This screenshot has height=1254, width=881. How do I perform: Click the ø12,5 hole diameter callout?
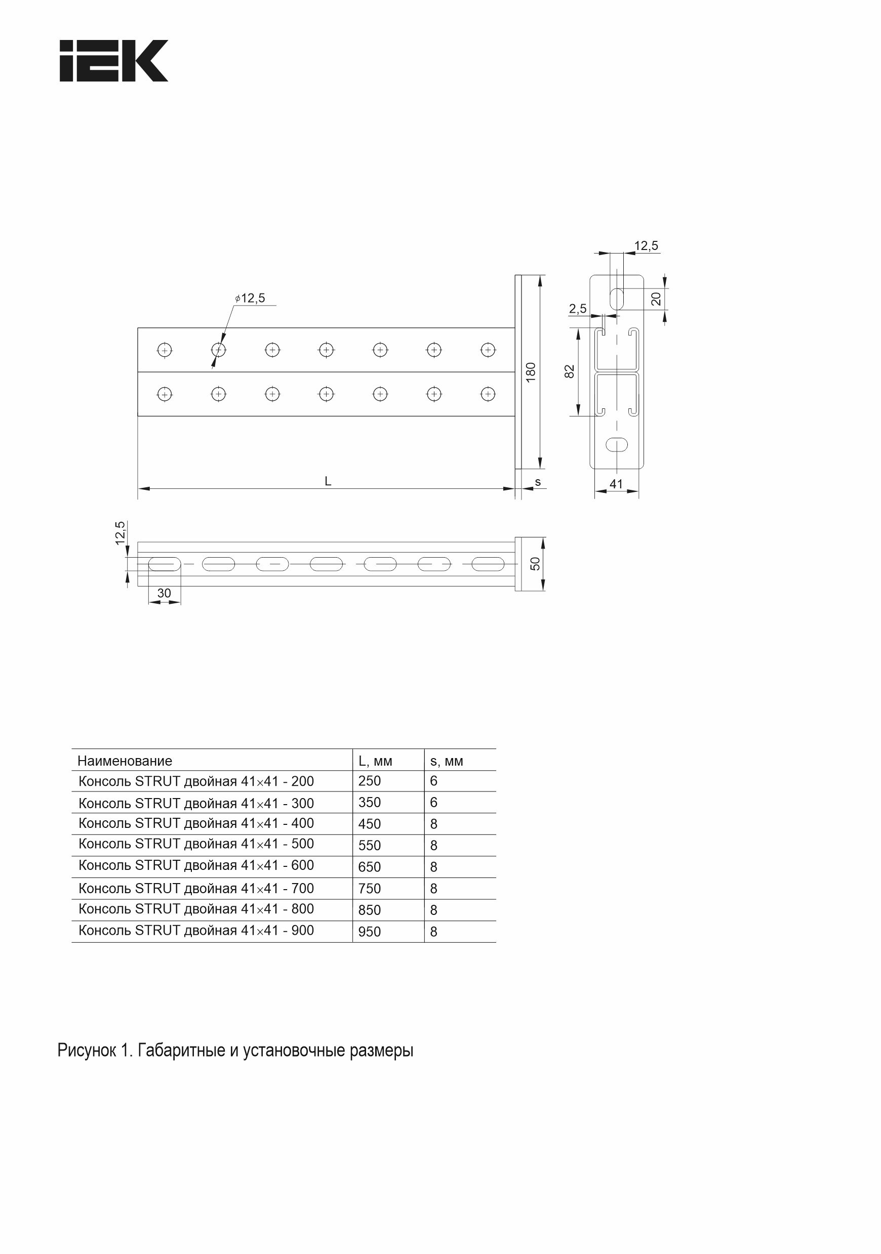250,298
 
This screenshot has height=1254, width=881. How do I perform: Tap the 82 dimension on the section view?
570,371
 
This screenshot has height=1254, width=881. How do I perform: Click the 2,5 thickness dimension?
578,309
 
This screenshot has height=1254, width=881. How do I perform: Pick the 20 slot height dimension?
656,298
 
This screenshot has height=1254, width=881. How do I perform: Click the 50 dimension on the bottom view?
536,564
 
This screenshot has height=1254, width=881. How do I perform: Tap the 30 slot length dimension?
164,593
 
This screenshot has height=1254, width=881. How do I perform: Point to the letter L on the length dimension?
328,481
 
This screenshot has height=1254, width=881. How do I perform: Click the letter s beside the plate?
538,482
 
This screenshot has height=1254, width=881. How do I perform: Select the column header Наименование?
125,761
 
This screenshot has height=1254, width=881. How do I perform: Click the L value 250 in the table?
370,781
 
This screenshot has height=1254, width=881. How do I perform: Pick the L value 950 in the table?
370,932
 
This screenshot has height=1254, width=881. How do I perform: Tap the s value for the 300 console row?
434,802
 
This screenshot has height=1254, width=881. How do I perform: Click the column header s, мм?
447,761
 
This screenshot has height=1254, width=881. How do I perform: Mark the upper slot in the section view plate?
617,298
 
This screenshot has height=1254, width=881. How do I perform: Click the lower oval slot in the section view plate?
617,445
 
